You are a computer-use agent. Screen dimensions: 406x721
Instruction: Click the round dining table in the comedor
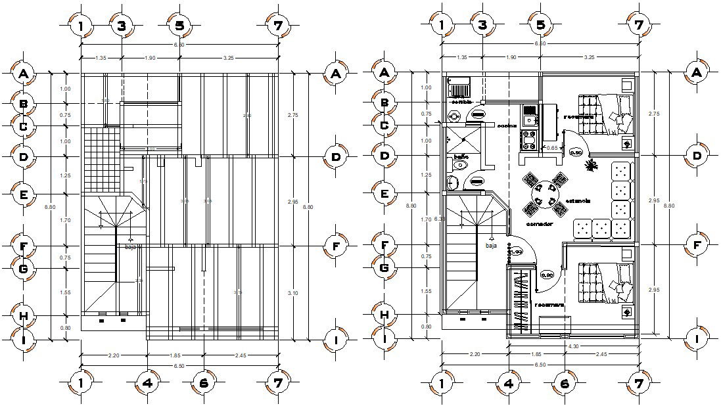pyautogui.click(x=544, y=194)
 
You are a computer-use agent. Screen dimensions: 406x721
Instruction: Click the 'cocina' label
pyautogui.click(x=505, y=125)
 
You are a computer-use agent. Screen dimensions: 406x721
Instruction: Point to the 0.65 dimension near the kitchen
pyautogui.click(x=553, y=148)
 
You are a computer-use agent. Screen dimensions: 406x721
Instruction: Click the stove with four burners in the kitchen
pyautogui.click(x=529, y=138)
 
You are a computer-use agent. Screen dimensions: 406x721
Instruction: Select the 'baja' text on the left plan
pyautogui.click(x=130, y=247)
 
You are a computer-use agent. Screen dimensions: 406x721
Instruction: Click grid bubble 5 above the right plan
pyautogui.click(x=540, y=26)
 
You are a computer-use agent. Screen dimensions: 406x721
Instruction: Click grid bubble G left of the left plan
pyautogui.click(x=24, y=269)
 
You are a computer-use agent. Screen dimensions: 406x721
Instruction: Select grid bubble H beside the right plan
pyautogui.click(x=384, y=315)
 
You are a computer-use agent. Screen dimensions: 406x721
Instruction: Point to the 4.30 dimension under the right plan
pyautogui.click(x=572, y=346)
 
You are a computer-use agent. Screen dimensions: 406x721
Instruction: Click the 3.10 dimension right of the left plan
pyautogui.click(x=292, y=293)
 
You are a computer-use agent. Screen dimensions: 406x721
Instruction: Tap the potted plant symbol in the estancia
pyautogui.click(x=589, y=164)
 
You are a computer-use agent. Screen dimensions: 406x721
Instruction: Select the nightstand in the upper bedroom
pyautogui.click(x=626, y=143)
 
